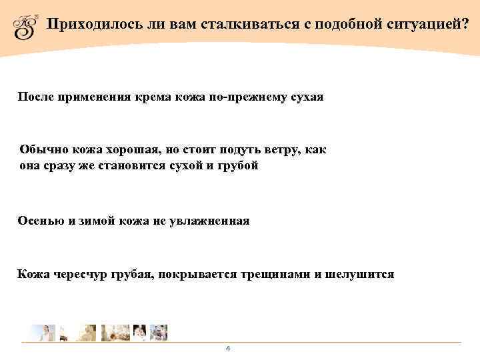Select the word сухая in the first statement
[x=307, y=97]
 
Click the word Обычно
[x=41, y=151]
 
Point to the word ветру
[x=269, y=151]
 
